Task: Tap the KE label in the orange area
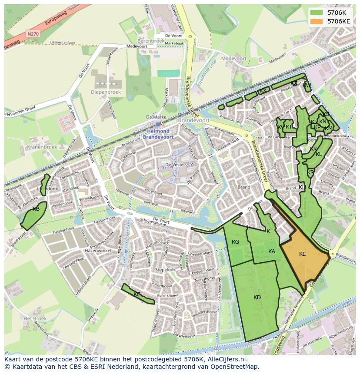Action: click(303, 254)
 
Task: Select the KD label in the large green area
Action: click(257, 298)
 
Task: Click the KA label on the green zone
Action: click(272, 252)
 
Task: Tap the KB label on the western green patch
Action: click(36, 209)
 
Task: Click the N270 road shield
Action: click(32, 33)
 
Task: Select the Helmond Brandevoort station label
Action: click(158, 134)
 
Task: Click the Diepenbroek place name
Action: click(105, 92)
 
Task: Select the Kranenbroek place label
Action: click(42, 147)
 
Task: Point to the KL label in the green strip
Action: click(319, 154)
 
